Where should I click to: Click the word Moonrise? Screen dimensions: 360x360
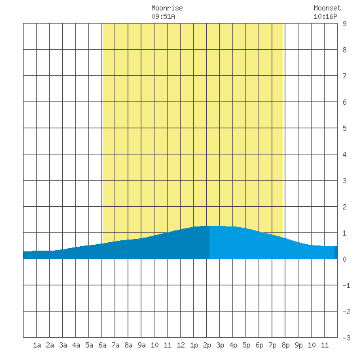[167, 8]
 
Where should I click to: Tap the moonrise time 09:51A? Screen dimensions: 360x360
[163, 16]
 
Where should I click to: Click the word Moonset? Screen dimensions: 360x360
[327, 8]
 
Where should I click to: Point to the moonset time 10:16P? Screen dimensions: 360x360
[325, 16]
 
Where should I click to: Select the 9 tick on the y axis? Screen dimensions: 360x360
[344, 24]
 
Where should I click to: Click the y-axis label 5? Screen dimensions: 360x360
[344, 128]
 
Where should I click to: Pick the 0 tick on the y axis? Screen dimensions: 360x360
[344, 259]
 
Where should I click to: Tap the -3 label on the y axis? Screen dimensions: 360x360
[346, 338]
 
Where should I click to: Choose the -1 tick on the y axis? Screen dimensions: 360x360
[346, 285]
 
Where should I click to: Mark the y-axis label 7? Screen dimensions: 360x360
[344, 76]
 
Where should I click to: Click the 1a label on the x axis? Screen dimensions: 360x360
[37, 345]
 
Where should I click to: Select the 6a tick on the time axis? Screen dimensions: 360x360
[102, 345]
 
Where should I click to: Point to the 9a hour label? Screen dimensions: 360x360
[141, 345]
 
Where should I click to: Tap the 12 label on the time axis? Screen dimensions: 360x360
[181, 345]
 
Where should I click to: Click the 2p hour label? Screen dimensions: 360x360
[207, 345]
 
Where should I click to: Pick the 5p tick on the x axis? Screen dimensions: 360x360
[246, 345]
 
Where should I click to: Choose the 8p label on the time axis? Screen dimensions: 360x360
[285, 345]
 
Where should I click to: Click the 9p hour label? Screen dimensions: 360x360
[298, 345]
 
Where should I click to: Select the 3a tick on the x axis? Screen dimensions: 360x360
[63, 345]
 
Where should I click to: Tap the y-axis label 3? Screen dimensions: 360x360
[344, 181]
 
